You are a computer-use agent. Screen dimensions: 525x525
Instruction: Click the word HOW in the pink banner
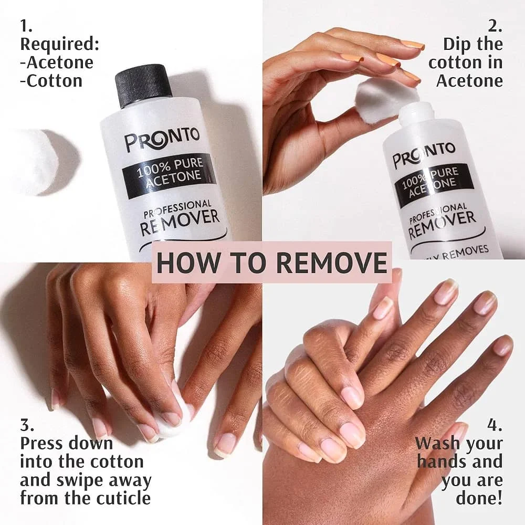coord(183,262)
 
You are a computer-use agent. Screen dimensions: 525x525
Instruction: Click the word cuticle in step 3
coord(119,497)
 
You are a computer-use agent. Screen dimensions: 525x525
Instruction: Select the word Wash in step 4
coord(436,443)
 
